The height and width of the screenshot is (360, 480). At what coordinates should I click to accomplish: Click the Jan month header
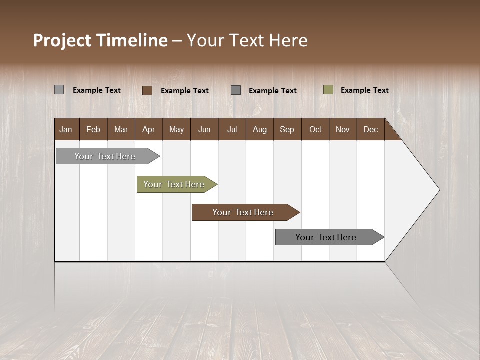coord(66,129)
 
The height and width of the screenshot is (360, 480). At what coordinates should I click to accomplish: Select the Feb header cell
coord(93,129)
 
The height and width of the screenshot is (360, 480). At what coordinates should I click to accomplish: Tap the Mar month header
coord(121,129)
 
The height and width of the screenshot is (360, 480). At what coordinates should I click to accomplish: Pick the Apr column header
coord(148,129)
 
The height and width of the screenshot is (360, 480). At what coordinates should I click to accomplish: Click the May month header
coord(176,129)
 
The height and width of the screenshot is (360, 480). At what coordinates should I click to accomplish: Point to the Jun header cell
coord(204,129)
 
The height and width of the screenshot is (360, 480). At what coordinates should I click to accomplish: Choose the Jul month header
coord(232,129)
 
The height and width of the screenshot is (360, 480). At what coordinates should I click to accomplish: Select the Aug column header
coord(259,129)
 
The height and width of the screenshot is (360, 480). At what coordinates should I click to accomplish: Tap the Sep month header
coord(287,129)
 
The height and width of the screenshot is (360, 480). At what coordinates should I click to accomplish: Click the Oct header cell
coord(315,129)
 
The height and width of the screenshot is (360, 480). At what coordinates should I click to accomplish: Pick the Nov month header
coord(342,129)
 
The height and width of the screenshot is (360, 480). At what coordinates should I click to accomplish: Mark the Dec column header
coord(370,129)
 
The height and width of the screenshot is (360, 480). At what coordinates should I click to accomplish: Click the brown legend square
coord(147,90)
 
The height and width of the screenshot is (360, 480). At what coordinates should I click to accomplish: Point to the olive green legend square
coord(328,90)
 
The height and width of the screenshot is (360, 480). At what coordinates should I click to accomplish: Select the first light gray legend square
coord(59,90)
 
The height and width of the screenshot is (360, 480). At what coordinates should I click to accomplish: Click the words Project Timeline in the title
coord(100,40)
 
